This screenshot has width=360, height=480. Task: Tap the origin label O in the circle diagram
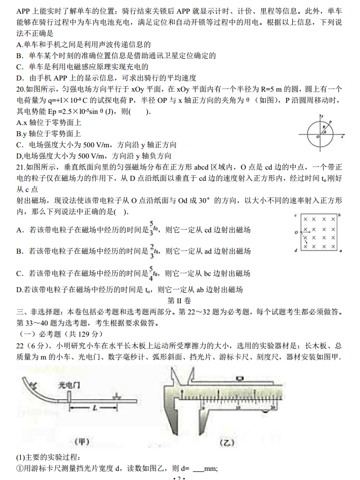[317, 137]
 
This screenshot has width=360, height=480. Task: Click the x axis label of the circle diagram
[343, 137]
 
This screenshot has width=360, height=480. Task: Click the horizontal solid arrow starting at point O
[307, 233]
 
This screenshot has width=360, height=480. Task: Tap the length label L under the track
[95, 407]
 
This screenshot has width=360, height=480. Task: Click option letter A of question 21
[19, 230]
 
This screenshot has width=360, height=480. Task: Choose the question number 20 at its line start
[21, 88]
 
